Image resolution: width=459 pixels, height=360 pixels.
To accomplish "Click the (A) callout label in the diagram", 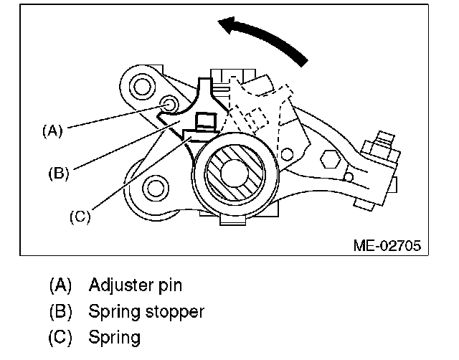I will (x=52, y=131).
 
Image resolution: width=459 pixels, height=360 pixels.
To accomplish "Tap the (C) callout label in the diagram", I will (x=80, y=215).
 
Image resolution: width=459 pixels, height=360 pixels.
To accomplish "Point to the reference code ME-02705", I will (x=387, y=246).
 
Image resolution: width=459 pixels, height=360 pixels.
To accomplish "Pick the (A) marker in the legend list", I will (x=61, y=285).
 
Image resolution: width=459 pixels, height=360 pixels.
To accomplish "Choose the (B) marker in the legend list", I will (x=61, y=311).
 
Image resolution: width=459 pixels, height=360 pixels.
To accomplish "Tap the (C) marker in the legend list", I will (x=61, y=336).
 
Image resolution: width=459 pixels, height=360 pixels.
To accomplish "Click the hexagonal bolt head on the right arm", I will (x=331, y=159).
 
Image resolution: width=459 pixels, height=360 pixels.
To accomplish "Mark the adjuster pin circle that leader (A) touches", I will (x=171, y=105).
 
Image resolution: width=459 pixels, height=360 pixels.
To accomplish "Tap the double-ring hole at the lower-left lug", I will (x=154, y=189).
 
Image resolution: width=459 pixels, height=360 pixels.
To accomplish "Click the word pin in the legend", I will (x=169, y=285).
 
